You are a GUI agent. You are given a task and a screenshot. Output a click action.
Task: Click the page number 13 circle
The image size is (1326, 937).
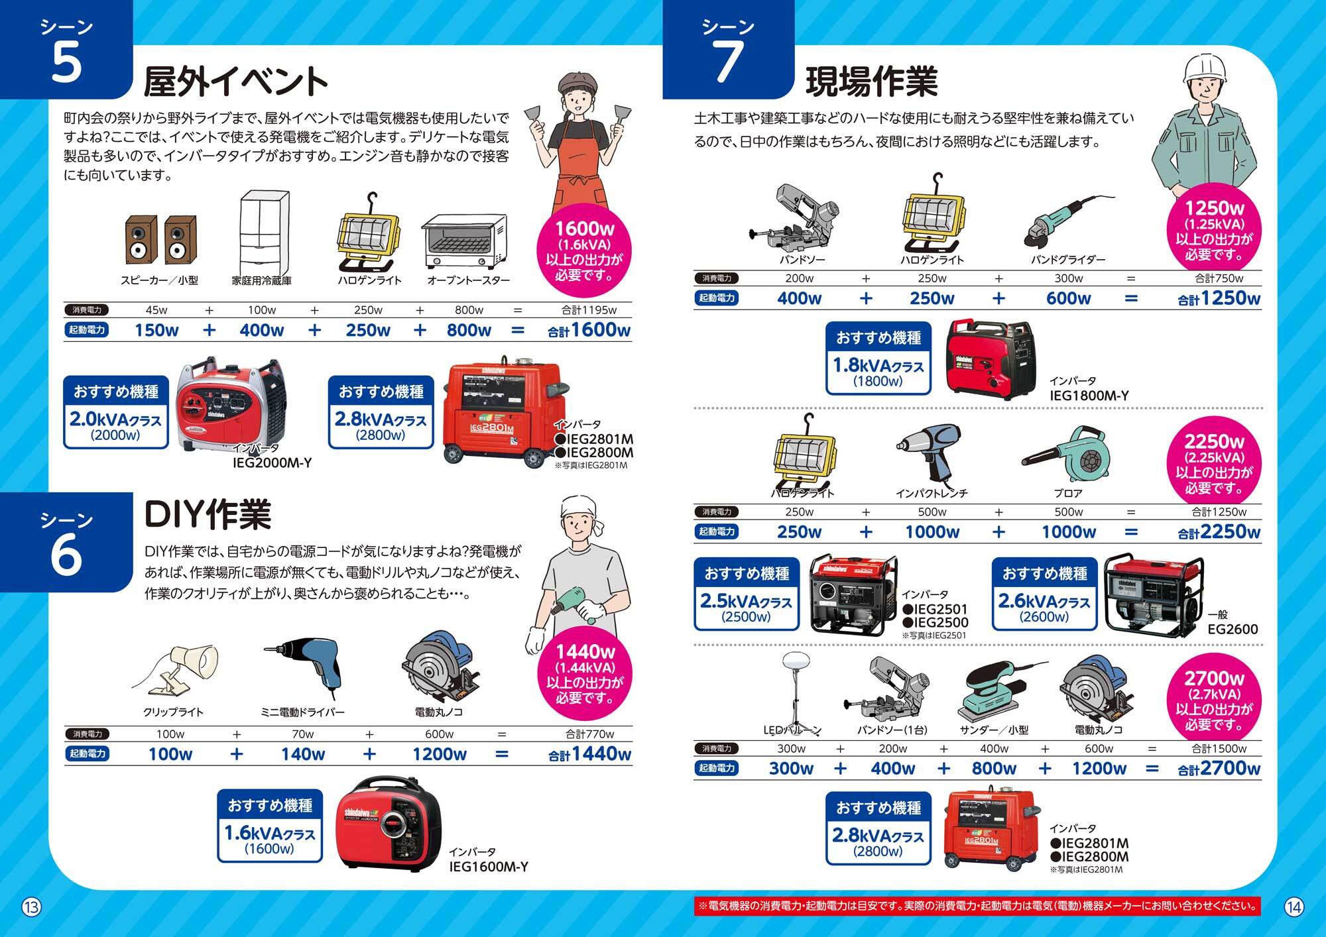pyautogui.click(x=32, y=906)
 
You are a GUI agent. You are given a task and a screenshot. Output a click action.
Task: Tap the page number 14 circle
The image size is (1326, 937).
pyautogui.click(x=1294, y=906)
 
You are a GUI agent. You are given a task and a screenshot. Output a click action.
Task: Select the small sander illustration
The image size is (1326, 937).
pyautogui.click(x=998, y=690)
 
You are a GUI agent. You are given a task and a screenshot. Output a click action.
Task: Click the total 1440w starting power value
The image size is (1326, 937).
pyautogui.click(x=589, y=754)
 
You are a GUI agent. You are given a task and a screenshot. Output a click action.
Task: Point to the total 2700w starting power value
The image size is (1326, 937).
pyautogui.click(x=1219, y=769)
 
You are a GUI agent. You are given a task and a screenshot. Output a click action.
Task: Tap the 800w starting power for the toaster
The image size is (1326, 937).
pyautogui.click(x=469, y=330)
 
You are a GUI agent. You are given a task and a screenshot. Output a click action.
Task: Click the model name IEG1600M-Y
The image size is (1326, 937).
pyautogui.click(x=489, y=867)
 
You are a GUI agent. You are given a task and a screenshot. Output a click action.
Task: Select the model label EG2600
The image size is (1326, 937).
pyautogui.click(x=1233, y=629)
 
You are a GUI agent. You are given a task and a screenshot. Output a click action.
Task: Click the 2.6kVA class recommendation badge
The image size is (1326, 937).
pyautogui.click(x=1044, y=594)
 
